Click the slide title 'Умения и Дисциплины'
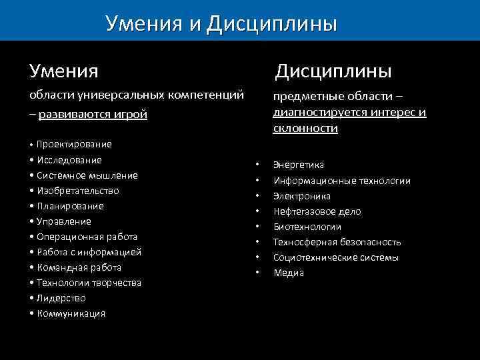[x=221, y=23]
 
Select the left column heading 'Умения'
[x=63, y=70]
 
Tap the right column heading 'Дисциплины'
[x=334, y=70]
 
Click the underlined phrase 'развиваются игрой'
[x=93, y=114]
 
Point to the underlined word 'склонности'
[x=305, y=128]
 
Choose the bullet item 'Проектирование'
[x=74, y=144]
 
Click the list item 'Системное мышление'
[x=87, y=175]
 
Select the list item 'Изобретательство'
[x=78, y=191]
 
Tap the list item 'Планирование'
[x=70, y=206]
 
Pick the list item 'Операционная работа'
[x=87, y=237]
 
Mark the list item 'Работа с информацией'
[x=89, y=252]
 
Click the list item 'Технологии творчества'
[x=89, y=283]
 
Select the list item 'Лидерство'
[x=61, y=298]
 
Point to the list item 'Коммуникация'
[x=71, y=313]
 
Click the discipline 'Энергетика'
[x=299, y=165]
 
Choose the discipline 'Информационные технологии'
[x=342, y=181]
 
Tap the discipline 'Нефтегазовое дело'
[x=317, y=211]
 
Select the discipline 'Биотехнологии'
[x=307, y=227]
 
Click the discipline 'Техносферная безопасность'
[x=337, y=242]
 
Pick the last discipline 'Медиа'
[x=289, y=273]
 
